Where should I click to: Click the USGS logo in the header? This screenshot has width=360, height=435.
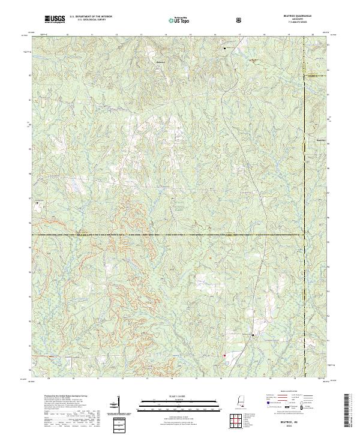tap(54, 20)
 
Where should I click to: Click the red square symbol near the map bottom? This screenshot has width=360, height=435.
tap(224, 355)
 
